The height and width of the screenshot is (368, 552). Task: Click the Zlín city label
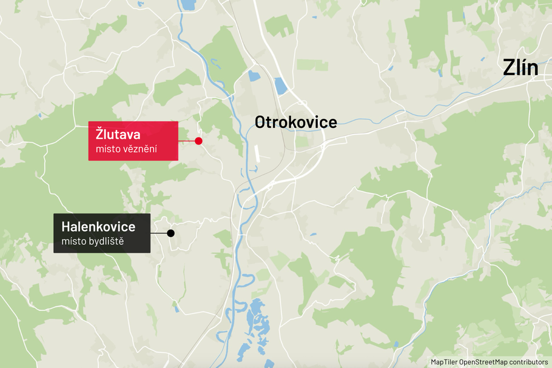(520, 68)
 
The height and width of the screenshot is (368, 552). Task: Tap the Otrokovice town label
(295, 122)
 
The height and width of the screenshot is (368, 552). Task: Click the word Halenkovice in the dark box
(98, 227)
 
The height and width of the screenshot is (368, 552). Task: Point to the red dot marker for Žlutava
(198, 141)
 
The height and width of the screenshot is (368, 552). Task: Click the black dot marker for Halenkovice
(171, 233)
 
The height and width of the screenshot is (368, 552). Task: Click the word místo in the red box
(107, 149)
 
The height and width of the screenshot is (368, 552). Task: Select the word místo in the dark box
(73, 242)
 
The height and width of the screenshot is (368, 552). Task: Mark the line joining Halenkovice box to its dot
(160, 233)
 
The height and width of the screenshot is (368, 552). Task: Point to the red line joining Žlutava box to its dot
(187, 141)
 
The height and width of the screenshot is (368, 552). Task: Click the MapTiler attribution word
(444, 361)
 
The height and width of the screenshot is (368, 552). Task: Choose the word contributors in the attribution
(528, 361)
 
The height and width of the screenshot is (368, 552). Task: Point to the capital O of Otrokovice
(261, 122)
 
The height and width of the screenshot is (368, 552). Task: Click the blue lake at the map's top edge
(189, 4)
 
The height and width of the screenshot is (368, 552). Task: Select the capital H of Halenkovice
(67, 227)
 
